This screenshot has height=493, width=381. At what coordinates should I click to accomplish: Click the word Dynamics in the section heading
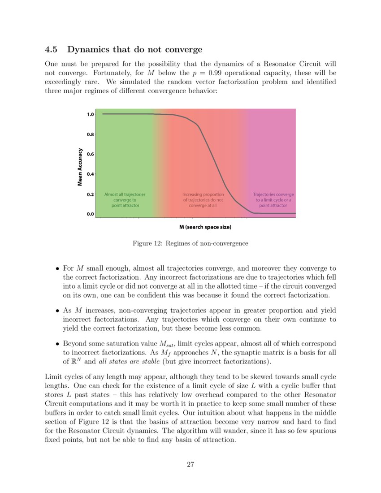coord(90,49)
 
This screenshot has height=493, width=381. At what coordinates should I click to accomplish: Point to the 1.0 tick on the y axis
coord(91,114)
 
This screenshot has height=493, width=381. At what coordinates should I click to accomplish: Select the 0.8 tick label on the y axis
coord(91,134)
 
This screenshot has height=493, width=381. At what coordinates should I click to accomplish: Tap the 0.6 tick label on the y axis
coord(91,154)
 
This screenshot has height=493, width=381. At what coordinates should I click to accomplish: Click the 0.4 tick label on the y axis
coord(91,174)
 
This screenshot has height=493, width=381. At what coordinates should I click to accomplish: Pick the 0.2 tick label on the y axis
coord(91,195)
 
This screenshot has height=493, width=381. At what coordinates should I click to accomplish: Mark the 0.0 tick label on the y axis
coord(91,214)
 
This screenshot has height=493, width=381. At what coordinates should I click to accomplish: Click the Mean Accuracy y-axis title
coord(80,167)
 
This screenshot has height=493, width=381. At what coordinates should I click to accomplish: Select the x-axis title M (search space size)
coord(205,227)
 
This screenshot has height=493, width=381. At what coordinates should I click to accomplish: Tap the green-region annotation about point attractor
coord(125,200)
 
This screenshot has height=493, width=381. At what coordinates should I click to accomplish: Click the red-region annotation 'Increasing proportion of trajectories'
coord(203,200)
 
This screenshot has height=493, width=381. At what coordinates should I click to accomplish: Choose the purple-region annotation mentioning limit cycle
coord(273,200)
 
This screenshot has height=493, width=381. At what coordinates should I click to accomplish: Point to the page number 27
coord(190,464)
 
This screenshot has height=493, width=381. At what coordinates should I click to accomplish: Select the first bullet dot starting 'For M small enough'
coord(58,269)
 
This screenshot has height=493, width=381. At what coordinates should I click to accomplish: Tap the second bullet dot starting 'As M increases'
coord(58,311)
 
